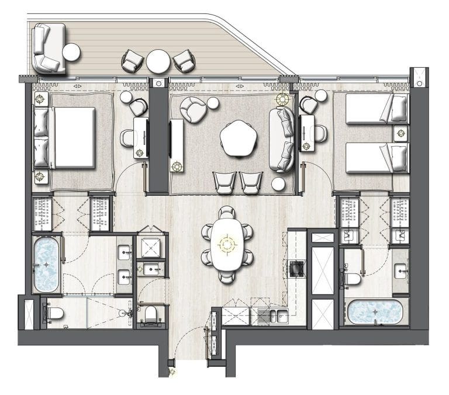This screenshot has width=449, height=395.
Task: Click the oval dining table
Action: [227, 244]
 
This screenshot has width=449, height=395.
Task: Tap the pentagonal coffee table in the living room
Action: [239, 138]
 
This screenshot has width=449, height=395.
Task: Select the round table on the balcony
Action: [158, 61]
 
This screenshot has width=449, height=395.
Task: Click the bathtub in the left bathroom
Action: [46, 264]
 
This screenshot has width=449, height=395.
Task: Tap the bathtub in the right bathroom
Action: [375, 311]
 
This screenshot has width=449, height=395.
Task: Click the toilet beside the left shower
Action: [53, 313]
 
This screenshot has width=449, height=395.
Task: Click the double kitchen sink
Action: [272, 316]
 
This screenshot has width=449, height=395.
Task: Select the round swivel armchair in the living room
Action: [194, 109]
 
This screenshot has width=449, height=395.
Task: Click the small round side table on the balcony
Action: [71, 53]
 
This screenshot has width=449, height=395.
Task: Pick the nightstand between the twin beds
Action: [400, 133]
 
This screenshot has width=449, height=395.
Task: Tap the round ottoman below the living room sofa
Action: [279, 184]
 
